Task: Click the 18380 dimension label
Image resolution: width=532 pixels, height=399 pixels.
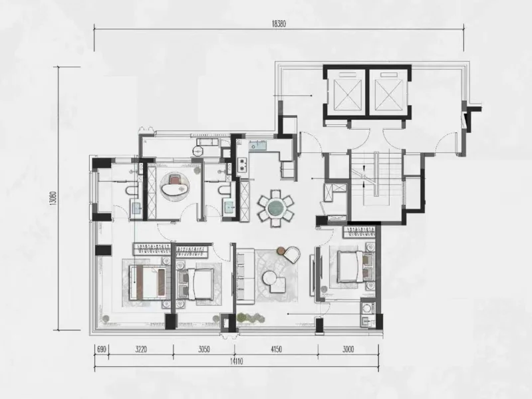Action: (x=279, y=24)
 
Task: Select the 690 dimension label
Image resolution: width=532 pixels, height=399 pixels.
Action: (x=102, y=349)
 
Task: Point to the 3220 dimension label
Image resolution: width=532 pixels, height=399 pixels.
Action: (x=140, y=349)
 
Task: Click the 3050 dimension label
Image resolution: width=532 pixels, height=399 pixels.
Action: (x=203, y=349)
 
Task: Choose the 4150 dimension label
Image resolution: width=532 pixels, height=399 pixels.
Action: (x=276, y=349)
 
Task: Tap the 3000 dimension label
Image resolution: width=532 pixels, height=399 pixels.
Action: (x=348, y=349)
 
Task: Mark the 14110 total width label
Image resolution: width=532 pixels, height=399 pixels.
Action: (x=236, y=362)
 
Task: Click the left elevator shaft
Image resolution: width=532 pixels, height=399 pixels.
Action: (x=346, y=91)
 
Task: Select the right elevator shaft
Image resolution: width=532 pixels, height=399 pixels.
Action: (x=388, y=91)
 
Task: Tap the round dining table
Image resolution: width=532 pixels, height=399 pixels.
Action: (x=275, y=207)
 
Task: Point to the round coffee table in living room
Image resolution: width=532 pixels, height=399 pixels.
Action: (x=271, y=278)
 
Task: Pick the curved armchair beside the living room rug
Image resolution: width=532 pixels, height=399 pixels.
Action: (x=291, y=254)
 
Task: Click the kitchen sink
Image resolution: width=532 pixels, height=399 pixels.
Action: (x=258, y=146)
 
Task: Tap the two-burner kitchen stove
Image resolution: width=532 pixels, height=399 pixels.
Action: (x=243, y=164)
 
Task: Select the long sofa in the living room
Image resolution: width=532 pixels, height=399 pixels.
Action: (x=245, y=276)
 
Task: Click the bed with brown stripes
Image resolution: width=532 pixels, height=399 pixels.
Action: (x=148, y=282)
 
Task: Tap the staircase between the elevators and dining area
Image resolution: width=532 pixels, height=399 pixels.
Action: (x=376, y=178)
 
